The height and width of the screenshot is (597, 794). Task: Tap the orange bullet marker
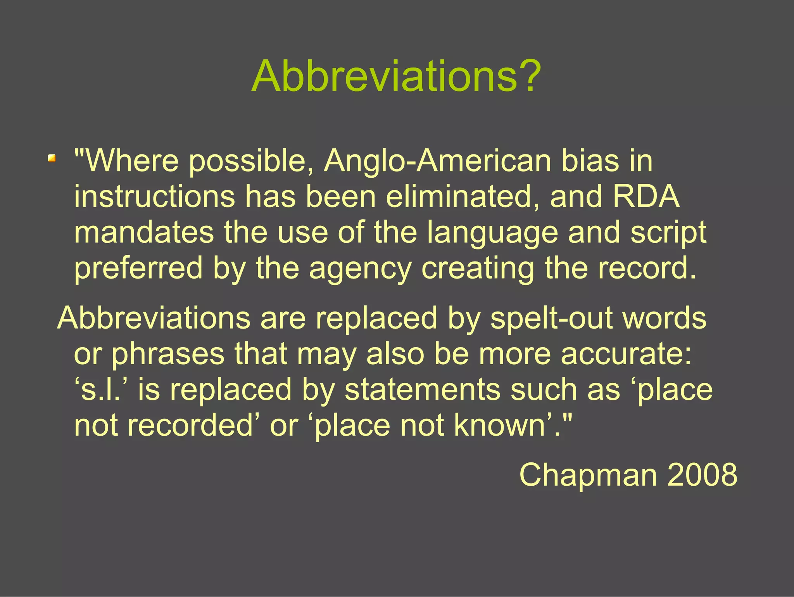(52, 158)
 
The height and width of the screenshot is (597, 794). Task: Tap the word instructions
(154, 196)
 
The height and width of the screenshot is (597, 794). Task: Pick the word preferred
(138, 269)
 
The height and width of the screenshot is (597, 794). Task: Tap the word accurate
(626, 354)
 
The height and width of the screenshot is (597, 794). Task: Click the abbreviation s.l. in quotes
(104, 390)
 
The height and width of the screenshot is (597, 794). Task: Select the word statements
(422, 390)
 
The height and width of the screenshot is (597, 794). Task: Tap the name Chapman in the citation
(588, 475)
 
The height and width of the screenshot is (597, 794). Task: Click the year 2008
(702, 475)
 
